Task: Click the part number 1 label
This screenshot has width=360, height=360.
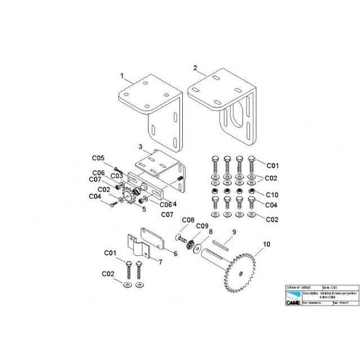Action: [x=121, y=75]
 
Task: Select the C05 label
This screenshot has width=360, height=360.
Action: [x=98, y=158]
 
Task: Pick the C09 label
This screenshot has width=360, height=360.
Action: [x=201, y=226]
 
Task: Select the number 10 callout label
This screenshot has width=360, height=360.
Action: [x=266, y=245]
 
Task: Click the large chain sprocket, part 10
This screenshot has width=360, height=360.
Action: [x=241, y=273]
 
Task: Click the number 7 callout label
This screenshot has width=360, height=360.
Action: [x=160, y=262]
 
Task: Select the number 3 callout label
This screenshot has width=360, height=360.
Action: [x=140, y=146]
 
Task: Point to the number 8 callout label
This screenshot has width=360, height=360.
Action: [x=211, y=231]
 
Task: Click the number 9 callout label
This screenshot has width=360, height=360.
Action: [x=234, y=231]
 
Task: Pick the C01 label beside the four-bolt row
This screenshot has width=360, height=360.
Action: [x=272, y=165]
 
